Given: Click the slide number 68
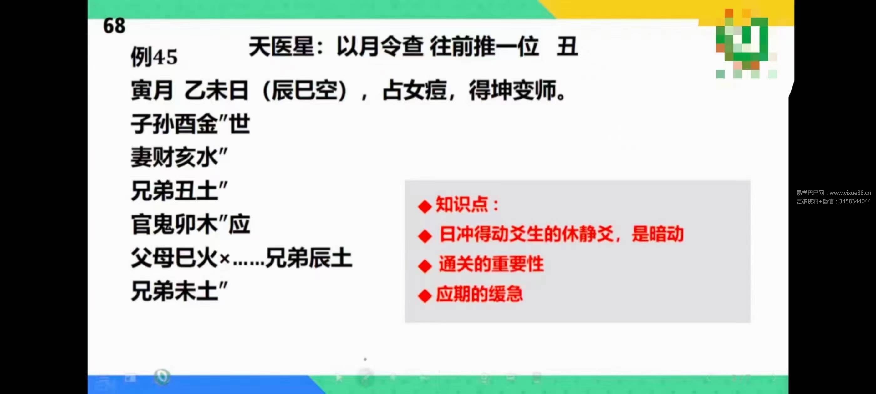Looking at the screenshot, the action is [x=114, y=26].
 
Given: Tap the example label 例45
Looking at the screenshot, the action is [x=154, y=57].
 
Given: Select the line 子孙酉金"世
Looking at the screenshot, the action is [x=191, y=124].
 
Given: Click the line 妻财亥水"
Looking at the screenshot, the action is [x=179, y=157].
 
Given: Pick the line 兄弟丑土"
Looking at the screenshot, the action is [x=179, y=191].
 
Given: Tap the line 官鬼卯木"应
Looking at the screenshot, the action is [x=191, y=225].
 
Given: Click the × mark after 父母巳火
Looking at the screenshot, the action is [x=224, y=259].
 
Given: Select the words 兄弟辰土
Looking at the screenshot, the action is [x=309, y=258].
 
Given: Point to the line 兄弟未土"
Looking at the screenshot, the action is [x=179, y=291].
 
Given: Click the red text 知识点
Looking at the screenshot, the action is [x=462, y=205].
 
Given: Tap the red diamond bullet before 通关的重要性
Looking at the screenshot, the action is [x=425, y=266].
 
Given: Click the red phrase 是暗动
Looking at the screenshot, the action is [x=657, y=234].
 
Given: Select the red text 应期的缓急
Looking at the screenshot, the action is [x=480, y=294].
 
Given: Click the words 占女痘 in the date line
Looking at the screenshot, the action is [x=415, y=91].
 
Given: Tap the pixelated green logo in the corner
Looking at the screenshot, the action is [x=746, y=43].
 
